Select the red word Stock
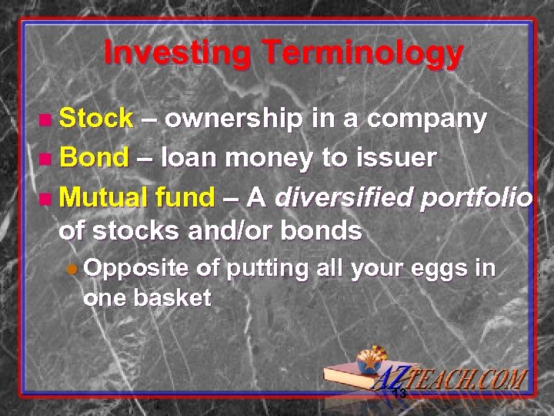pos(96,119)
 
